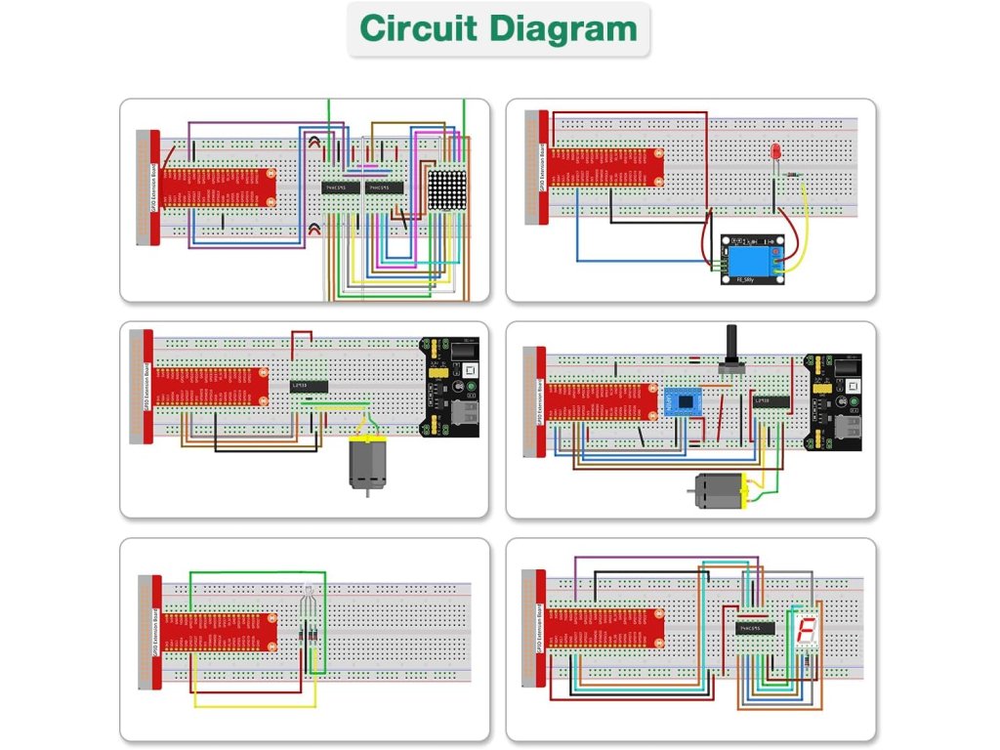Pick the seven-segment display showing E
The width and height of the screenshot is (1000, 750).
pos(805,634)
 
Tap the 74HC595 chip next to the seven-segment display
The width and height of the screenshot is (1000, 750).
pos(754,627)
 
